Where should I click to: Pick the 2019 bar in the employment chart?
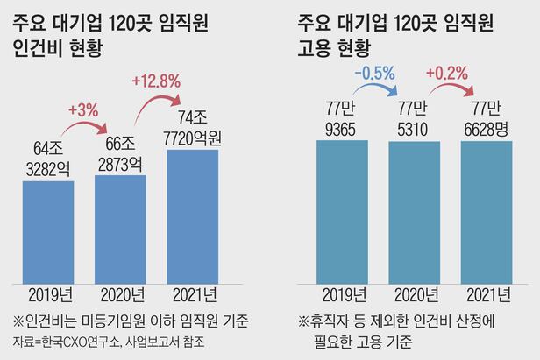pyautogui.click(x=342, y=211)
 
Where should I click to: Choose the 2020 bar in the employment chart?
pyautogui.click(x=414, y=211)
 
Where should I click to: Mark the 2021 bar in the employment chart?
pyautogui.click(x=486, y=211)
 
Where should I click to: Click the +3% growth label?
pyautogui.click(x=83, y=111)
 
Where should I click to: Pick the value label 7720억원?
pyautogui.click(x=193, y=138)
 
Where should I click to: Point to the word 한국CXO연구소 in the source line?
pyautogui.click(x=72, y=340)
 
